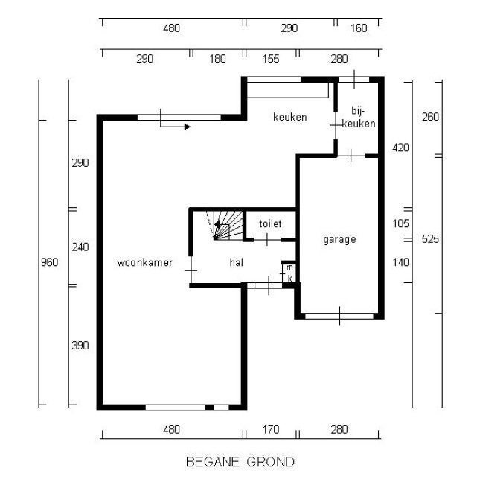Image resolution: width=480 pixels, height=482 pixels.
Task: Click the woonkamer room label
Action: pos(144,262)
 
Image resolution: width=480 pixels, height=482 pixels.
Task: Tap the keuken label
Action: pos(290,117)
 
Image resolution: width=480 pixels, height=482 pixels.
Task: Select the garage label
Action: pos(339,239)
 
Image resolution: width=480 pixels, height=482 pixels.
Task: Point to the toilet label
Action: pos(270,223)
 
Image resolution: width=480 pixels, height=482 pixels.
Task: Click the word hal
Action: pos(237,262)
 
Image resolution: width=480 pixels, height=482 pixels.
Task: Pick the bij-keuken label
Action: pos(359,117)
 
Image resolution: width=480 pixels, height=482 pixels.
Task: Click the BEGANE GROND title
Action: pos(240,462)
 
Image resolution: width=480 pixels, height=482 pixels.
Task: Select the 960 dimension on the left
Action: pos(49,262)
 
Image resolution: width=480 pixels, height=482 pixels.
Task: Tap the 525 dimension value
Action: pos(430,239)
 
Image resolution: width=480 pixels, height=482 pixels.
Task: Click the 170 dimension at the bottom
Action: pos(271,429)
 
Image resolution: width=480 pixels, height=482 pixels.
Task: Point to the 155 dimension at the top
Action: pos(271,59)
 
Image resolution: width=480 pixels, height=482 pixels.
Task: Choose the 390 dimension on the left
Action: pos(80,346)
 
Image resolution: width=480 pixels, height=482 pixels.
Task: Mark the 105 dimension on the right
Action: pos(401,223)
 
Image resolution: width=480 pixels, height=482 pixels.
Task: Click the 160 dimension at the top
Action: pos(359,28)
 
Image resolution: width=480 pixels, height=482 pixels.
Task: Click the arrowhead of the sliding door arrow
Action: pos(188,127)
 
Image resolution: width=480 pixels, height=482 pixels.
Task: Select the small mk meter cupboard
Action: pos(289,273)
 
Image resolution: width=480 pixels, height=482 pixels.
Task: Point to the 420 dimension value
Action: pos(401,148)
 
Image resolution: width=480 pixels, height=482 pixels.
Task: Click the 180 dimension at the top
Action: pos(217,59)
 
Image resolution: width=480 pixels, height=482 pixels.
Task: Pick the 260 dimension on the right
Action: pos(430,117)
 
